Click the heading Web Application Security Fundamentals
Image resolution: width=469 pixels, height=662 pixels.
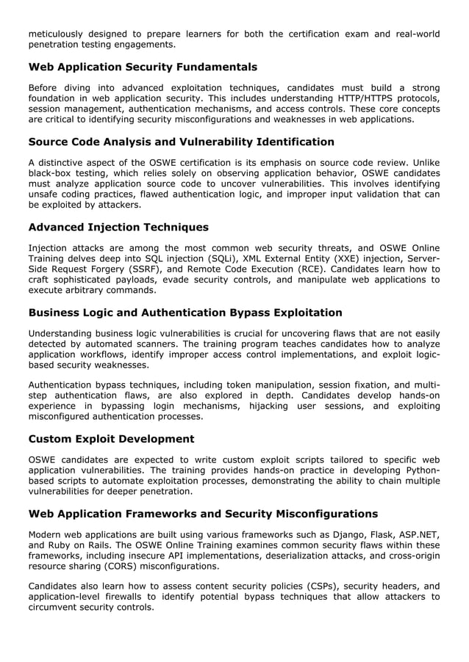coord(143,68)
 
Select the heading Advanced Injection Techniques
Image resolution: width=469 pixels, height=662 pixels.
coord(118,227)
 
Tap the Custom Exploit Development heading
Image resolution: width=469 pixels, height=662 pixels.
coord(111,439)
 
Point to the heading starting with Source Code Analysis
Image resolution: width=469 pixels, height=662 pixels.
coord(181,142)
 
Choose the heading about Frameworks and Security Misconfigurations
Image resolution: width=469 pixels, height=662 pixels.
coord(203,513)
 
